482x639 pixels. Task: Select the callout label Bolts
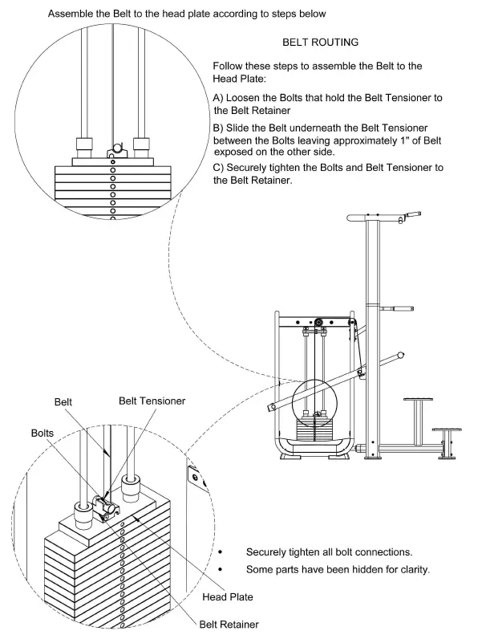(43, 432)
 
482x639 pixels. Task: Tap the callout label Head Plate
(228, 596)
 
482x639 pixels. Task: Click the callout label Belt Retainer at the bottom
(229, 623)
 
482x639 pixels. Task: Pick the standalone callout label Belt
(63, 401)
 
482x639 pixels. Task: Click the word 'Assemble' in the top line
(73, 14)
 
